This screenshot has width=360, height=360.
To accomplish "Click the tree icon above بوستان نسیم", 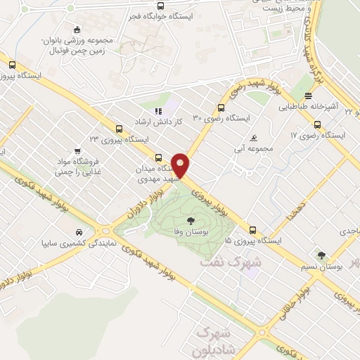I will (x=322, y=255).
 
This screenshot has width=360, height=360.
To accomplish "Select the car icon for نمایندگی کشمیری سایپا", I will (x=79, y=233).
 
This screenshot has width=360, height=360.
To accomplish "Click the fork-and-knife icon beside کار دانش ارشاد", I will (x=159, y=110).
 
